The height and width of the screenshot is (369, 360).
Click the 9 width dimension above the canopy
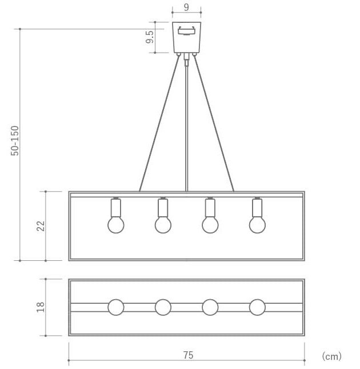point(186,7)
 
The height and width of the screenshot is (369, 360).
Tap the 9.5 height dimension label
point(150,37)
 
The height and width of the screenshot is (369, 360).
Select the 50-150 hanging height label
point(15,141)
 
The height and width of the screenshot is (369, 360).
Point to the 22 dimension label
point(41,226)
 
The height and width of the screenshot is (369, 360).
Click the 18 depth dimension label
point(41,307)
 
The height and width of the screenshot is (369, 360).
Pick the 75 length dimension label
point(189,355)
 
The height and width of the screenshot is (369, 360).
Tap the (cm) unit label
point(331,356)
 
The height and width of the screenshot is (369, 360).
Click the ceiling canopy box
point(187,37)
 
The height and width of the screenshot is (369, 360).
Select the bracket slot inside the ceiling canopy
point(187,31)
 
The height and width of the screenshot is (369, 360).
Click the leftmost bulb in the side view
point(116,225)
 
